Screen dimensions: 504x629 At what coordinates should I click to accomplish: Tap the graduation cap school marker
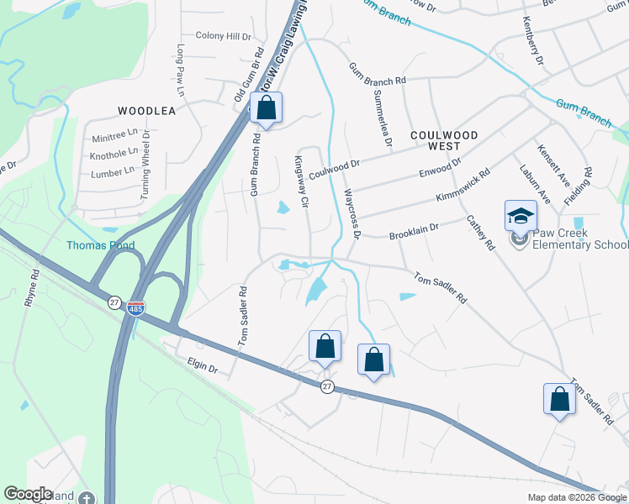point(521,216)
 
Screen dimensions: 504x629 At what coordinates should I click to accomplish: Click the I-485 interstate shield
point(135,309)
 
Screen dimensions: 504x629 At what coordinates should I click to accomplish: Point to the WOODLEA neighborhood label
point(146,111)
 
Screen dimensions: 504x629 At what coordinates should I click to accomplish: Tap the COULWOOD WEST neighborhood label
point(444,141)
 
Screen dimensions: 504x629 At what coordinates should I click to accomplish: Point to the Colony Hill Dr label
point(223,36)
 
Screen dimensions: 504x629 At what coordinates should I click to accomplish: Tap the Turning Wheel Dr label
point(145,164)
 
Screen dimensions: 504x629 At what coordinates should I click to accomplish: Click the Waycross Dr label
point(351,213)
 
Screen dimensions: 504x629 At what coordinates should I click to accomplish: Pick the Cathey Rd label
point(478,233)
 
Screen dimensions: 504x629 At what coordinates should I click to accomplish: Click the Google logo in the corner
point(28,494)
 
